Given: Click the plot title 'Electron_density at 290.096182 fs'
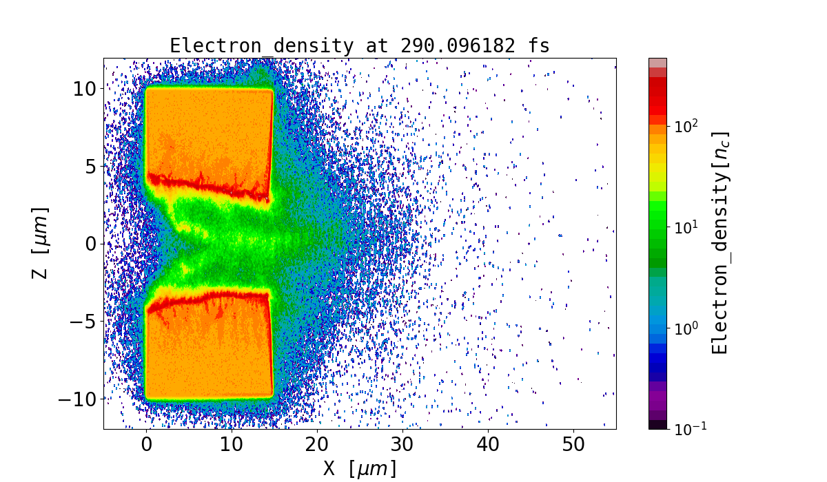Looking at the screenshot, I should tap(360, 46).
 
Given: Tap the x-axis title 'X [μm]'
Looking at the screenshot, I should tap(360, 468).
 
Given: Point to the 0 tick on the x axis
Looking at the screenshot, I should tap(146, 445).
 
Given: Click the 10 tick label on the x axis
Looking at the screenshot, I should tap(232, 445).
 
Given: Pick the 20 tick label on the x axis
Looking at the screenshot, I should tap(317, 445).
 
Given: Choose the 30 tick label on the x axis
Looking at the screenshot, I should tap(402, 445).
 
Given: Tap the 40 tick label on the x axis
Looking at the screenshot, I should tap(488, 445).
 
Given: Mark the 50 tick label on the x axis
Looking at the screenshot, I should tap(573, 445).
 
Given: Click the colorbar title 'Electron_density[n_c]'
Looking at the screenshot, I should tap(719, 243).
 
